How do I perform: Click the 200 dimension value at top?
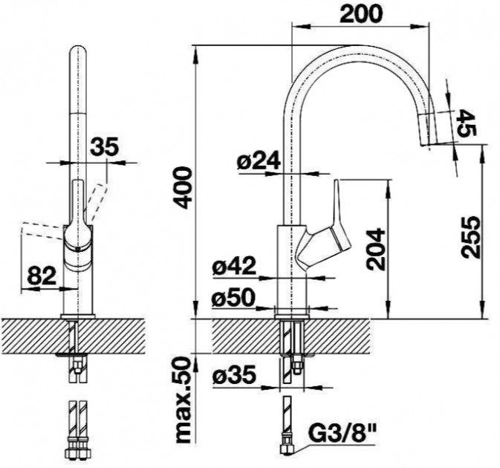click(x=360, y=13)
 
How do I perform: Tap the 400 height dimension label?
click(x=183, y=188)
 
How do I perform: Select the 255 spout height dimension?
click(x=470, y=237)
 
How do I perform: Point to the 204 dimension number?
click(x=376, y=249)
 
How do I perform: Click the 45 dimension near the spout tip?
click(x=467, y=123)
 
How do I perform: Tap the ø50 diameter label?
click(x=234, y=298)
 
